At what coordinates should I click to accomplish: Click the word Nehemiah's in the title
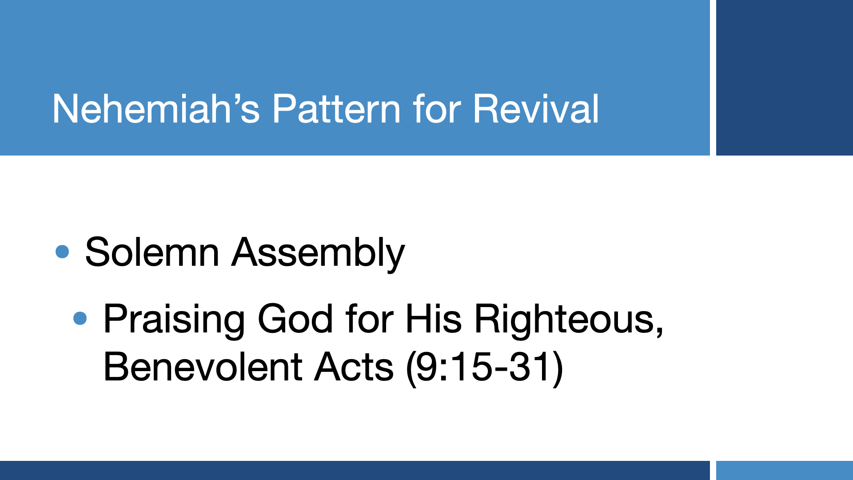coord(156,108)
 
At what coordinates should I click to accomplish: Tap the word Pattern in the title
coord(336,108)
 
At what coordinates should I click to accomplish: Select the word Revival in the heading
coord(536,108)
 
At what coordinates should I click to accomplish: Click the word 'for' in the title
coord(437,108)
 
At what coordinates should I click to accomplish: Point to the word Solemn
coord(152,252)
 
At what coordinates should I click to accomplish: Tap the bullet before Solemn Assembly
coord(62,252)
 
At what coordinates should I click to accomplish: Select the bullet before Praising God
coord(80,318)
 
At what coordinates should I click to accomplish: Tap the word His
coord(434,319)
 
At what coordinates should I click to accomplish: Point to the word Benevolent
coord(203,367)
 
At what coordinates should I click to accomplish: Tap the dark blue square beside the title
coord(785,78)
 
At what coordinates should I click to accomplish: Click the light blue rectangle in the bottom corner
coord(785,470)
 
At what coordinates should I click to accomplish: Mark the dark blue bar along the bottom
coord(355,470)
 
